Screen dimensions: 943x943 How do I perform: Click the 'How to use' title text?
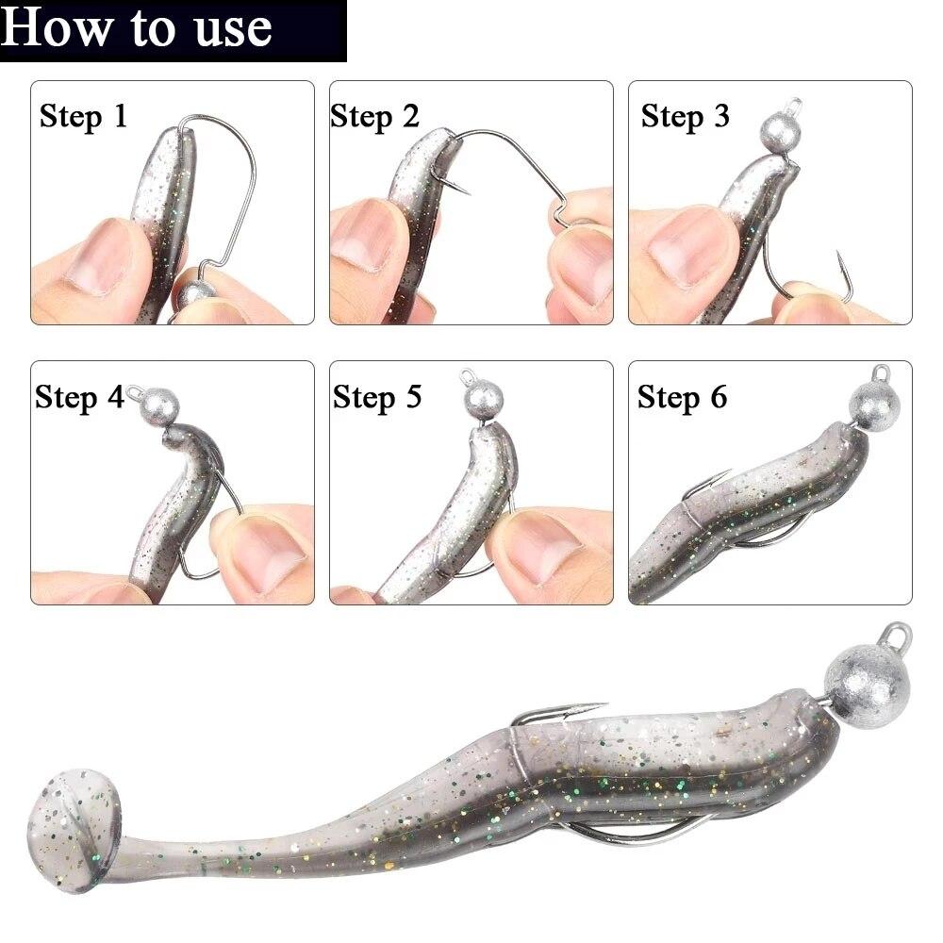coord(136,28)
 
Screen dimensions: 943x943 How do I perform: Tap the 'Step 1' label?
coord(84,116)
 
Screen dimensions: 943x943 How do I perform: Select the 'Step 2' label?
coord(374,116)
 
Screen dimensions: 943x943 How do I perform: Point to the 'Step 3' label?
coord(685,116)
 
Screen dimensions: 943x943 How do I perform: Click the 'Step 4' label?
coord(79,398)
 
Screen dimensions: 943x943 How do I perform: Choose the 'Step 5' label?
coord(377,398)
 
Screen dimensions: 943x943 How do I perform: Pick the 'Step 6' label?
coord(682,398)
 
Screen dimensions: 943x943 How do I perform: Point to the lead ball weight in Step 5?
coord(484,400)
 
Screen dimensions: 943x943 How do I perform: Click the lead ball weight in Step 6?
coord(874,405)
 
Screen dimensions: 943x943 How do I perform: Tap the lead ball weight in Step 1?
coord(196,293)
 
